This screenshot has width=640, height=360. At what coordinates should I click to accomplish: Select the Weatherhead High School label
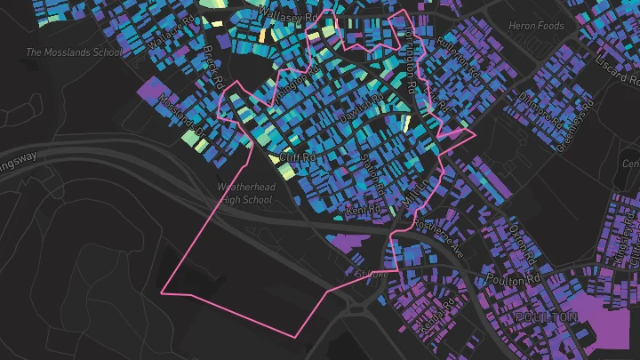click(x=246, y=194)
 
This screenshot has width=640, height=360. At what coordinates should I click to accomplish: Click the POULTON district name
click(x=546, y=317)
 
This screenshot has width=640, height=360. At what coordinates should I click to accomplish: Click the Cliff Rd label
click(x=298, y=157)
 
